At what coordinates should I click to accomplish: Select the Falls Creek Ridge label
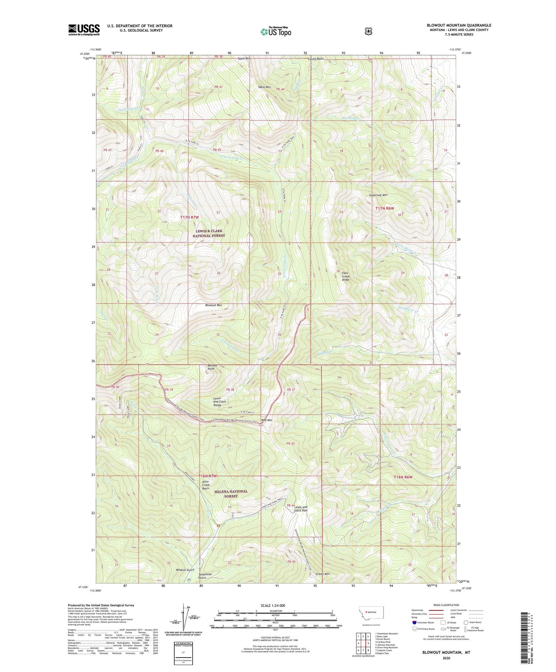point(345,276)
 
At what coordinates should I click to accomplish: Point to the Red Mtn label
point(267,420)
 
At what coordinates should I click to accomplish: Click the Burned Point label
point(211,367)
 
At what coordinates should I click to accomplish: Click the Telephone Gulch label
point(205,576)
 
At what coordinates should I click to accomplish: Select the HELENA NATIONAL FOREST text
point(231,494)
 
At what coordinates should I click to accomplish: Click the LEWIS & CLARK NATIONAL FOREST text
point(209,233)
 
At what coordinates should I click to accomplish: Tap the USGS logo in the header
point(84,30)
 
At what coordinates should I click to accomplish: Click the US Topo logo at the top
point(276,32)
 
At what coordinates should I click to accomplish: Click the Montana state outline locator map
point(371,613)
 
